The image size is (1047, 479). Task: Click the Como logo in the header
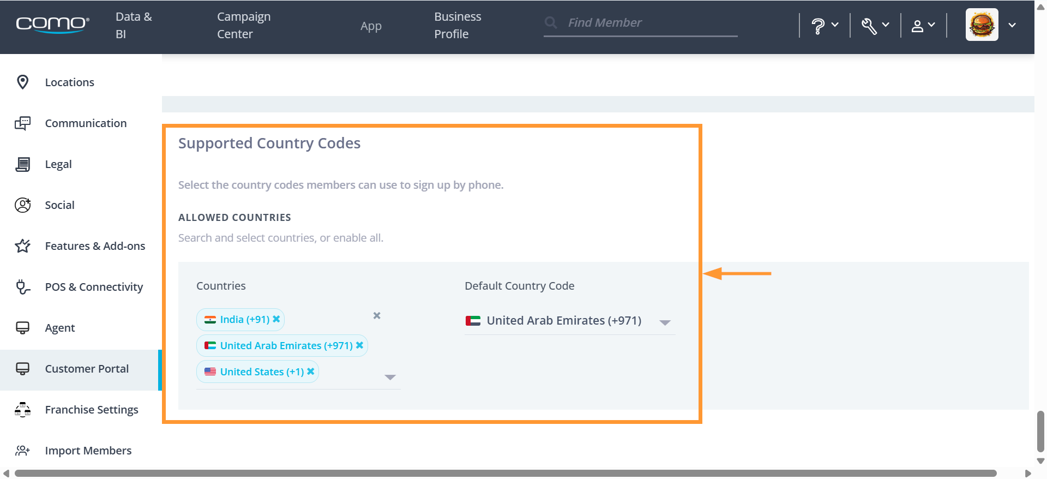coord(52,25)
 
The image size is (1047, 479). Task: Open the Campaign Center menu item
coord(244,25)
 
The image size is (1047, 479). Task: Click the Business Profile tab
coord(458,25)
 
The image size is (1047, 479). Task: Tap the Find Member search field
coord(641,23)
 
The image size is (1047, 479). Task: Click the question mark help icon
coord(817,26)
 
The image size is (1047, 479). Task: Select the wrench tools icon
coord(869,26)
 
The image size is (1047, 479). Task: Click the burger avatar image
coord(982,25)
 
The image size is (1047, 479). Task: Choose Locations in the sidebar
coord(69,82)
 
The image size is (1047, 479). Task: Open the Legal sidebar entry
coord(58,164)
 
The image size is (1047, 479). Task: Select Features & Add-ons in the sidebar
coord(95,246)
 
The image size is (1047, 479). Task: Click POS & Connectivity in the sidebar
coord(94,287)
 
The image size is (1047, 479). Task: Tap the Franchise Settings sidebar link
coord(92,410)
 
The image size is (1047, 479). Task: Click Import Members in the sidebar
coord(88,451)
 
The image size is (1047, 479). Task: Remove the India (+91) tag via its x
coord(276,319)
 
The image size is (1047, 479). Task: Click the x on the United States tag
coord(311,372)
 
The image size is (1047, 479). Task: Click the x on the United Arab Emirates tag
coord(359,345)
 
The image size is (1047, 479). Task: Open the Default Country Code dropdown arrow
coord(665,322)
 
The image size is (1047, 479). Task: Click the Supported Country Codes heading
coord(269,143)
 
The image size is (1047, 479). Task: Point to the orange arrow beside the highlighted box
coord(737,273)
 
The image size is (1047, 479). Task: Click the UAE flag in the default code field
coord(473,321)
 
